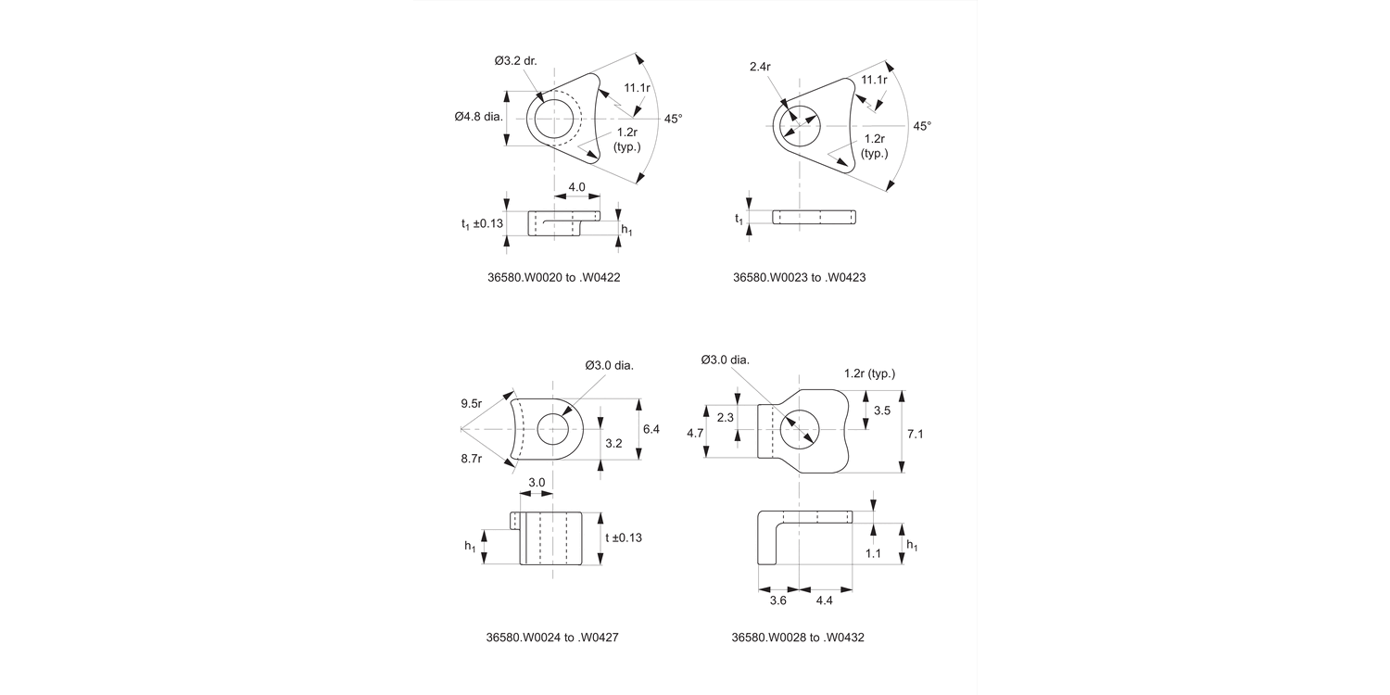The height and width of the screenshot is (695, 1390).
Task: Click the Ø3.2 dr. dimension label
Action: [x=515, y=61]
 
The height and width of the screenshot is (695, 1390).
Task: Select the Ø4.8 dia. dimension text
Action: [x=478, y=117]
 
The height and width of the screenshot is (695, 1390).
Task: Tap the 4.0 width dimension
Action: [x=576, y=187]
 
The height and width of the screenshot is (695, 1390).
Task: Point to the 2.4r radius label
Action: [x=762, y=66]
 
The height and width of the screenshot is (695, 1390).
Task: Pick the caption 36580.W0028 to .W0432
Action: [x=798, y=638]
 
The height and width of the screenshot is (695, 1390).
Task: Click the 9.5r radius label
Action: [x=472, y=403]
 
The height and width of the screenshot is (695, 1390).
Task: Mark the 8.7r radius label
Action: [x=472, y=459]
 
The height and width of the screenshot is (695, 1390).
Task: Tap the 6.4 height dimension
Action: [x=651, y=429]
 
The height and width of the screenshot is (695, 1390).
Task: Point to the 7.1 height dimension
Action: [x=916, y=433]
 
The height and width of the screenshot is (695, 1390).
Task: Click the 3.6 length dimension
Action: [x=778, y=600]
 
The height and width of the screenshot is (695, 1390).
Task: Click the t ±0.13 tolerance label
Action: [x=624, y=537]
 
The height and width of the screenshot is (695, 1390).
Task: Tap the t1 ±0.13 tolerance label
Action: [x=482, y=223]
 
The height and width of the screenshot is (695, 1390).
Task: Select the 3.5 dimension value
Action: [x=882, y=410]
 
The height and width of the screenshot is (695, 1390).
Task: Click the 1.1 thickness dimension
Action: [x=872, y=553]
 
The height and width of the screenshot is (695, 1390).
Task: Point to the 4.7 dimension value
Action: [x=694, y=433]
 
